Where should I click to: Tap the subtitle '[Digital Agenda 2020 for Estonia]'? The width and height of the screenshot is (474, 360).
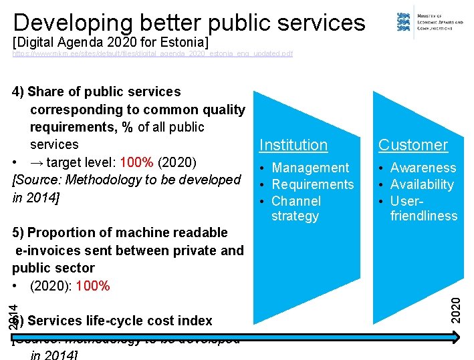pos(110,42)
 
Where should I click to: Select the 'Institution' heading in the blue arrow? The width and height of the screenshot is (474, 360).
pos(293,145)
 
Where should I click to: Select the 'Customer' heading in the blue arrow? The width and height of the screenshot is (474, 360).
pos(412,145)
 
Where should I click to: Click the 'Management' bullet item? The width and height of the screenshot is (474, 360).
pos(310,168)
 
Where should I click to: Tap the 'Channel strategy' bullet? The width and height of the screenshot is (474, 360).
pos(295,208)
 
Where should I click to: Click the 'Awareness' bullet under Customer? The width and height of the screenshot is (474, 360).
pos(423,168)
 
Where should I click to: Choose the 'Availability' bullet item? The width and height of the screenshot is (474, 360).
pos(421,184)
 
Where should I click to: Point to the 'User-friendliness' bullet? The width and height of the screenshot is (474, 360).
pos(423,208)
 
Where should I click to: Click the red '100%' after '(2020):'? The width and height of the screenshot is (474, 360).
pos(94,286)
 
